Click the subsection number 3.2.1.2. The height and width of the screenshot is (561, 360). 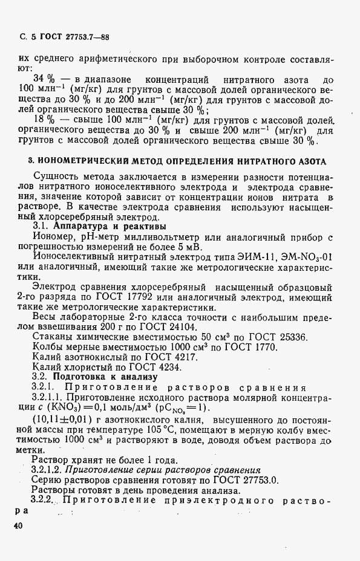pyautogui.click(x=51, y=470)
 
